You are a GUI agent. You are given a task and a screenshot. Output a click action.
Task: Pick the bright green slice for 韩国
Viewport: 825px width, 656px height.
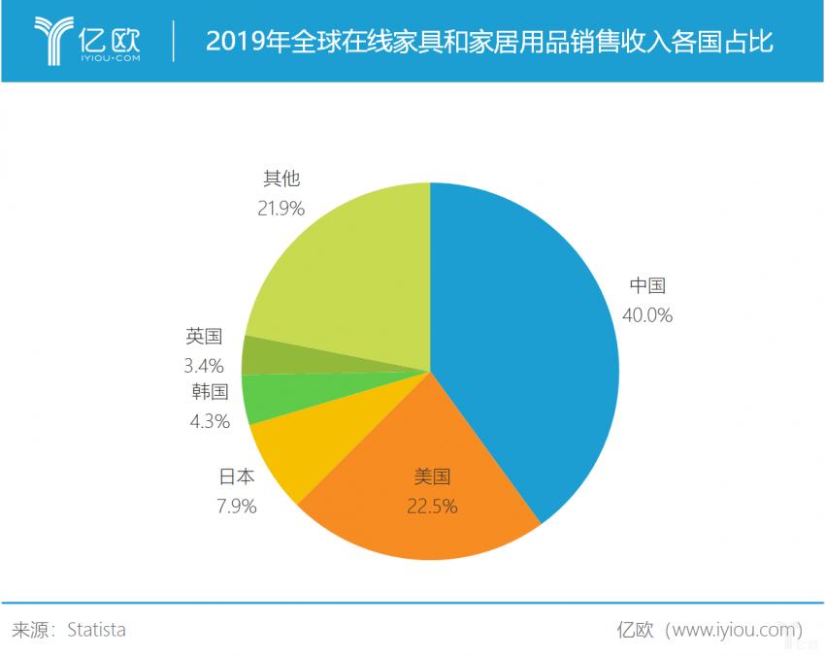pos(262,398)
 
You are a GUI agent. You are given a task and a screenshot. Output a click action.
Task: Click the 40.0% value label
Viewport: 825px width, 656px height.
pos(647,314)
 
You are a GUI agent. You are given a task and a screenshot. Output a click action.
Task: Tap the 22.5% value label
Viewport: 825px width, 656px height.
pos(433,506)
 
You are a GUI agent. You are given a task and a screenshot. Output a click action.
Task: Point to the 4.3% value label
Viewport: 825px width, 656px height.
pos(210,421)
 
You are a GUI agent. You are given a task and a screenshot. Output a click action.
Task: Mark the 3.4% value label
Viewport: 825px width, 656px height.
pos(205,366)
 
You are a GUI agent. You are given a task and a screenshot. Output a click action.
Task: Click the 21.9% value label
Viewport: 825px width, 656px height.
pos(281,207)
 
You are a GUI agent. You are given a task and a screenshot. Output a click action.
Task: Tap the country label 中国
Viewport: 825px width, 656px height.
pos(647,285)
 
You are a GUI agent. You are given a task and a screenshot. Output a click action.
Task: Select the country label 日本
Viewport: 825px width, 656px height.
pos(237,476)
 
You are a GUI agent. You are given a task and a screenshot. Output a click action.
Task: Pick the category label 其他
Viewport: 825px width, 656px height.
pos(281,179)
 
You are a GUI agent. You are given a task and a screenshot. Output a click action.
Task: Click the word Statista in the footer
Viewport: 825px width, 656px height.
pos(96,630)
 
